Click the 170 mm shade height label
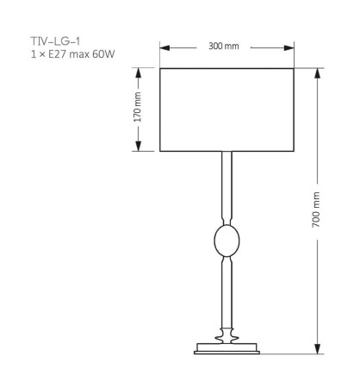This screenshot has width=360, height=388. (138, 109)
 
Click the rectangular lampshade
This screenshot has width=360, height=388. (227, 109)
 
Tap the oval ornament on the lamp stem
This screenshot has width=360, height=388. (227, 241)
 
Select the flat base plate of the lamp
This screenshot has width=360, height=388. (227, 347)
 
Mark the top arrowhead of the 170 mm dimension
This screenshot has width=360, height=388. (138, 70)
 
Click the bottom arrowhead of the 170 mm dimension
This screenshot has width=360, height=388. (138, 147)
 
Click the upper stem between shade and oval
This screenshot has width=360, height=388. (227, 185)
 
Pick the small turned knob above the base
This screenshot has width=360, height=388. (227, 332)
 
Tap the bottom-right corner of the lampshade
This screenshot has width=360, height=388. (295, 151)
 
